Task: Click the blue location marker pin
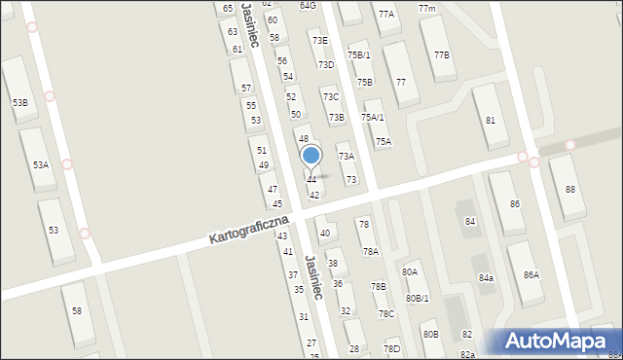pos(311,157)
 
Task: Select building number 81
pos(491,120)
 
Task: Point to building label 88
pos(569,190)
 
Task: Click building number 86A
pos(531,275)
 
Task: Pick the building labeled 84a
pos(486,278)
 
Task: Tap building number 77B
pos(442,54)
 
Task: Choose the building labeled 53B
pos(19,102)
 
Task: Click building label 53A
pos(40,165)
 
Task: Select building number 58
pos(77,311)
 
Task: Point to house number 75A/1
pos(373,117)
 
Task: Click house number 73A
pos(346,156)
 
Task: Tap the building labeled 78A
pos(371,251)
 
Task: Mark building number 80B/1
pos(418,298)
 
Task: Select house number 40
pos(325,233)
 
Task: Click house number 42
pos(314,196)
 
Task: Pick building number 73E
pos(318,41)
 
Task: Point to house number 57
pos(246,88)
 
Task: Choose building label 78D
pos(391,348)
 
